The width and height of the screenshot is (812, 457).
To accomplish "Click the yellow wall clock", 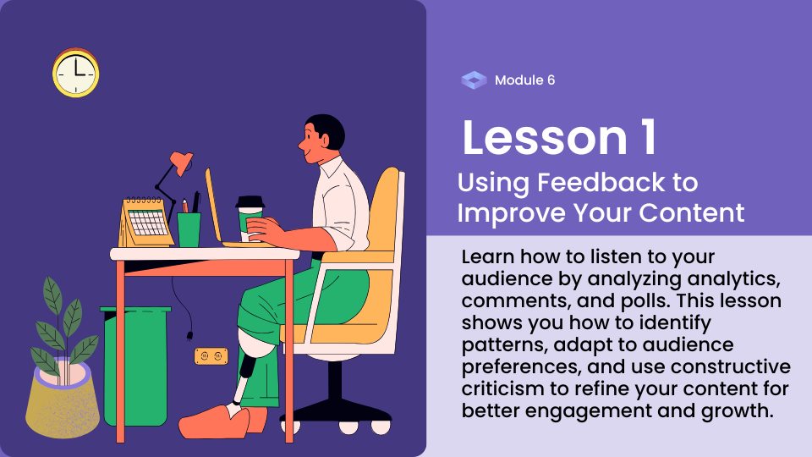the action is click(75, 73).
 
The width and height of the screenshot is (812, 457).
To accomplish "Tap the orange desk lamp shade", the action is click(182, 162).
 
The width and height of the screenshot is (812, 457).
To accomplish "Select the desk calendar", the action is click(145, 222).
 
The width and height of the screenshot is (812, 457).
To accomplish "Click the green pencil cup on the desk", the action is click(189, 229).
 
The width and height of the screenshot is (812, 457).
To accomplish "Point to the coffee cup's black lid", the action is click(250, 202).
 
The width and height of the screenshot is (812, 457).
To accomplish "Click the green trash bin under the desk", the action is click(135, 366).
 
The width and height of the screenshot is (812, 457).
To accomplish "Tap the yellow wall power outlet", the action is click(211, 356).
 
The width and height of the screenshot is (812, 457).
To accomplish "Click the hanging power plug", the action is click(189, 336).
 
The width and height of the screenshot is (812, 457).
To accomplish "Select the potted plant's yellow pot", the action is click(62, 400).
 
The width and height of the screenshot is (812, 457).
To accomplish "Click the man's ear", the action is click(324, 140).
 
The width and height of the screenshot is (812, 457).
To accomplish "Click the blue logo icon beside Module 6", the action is click(474, 80).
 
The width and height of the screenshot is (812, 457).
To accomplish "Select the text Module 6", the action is click(524, 80).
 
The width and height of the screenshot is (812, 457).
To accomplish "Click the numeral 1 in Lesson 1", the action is click(649, 137).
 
